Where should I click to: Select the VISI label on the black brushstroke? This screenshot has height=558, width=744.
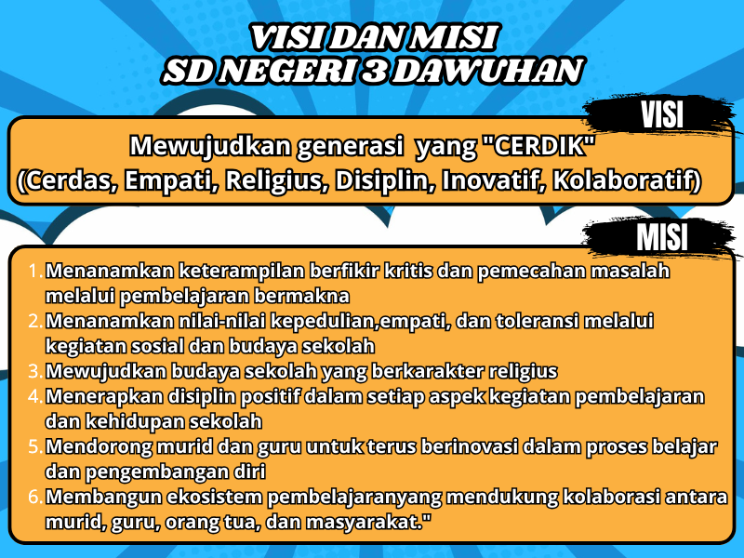click(x=662, y=114)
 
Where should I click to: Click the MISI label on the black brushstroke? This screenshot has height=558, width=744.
click(x=662, y=238)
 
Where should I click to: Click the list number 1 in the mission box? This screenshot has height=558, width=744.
click(x=35, y=272)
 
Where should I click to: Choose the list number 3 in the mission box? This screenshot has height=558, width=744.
click(x=34, y=371)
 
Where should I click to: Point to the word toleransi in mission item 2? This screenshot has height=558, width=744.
click(x=548, y=322)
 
